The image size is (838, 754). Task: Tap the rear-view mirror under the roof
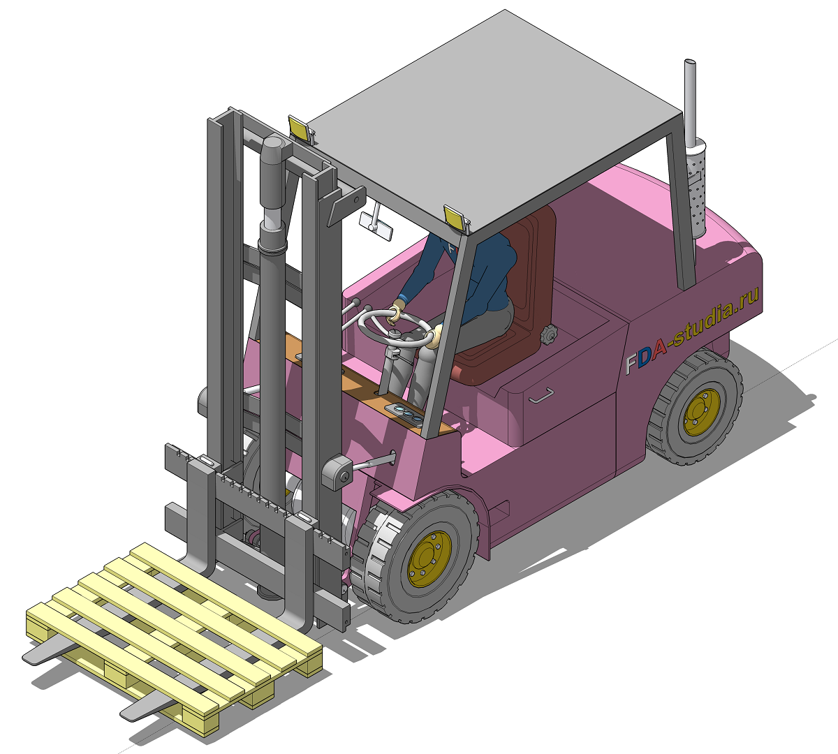376,226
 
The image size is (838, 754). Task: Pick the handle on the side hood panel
541,395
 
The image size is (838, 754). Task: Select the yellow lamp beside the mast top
301,128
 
